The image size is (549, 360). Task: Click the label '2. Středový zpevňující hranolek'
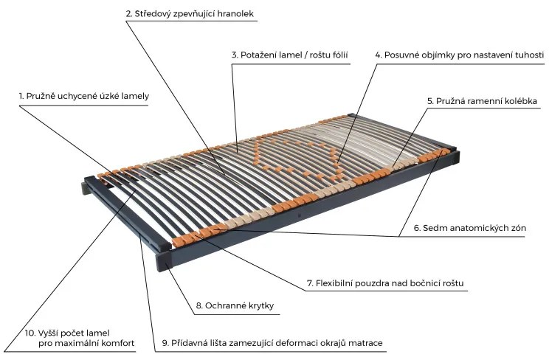(x=193, y=14)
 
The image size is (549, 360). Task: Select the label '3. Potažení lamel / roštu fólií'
(x=289, y=55)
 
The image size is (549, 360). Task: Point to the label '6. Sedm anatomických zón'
(x=469, y=228)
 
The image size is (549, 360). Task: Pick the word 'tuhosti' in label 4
(x=526, y=55)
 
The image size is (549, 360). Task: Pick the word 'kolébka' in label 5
(x=517, y=100)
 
